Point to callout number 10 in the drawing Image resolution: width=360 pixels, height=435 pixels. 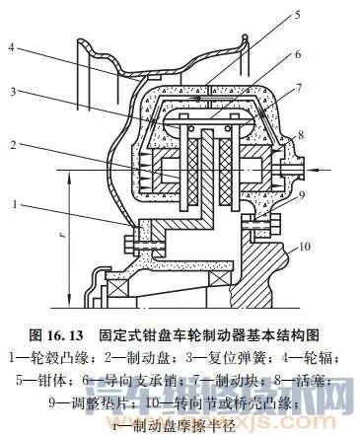coord(305,245)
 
